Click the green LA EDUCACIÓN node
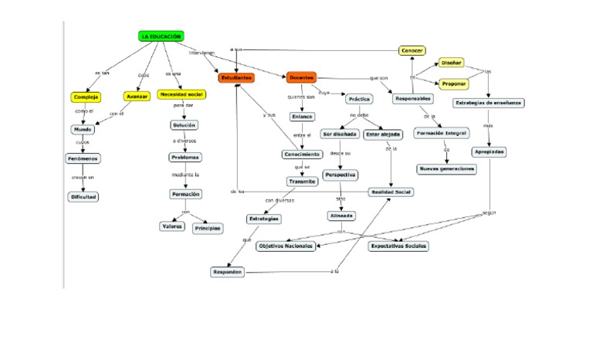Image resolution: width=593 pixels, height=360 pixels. pyautogui.click(x=161, y=36)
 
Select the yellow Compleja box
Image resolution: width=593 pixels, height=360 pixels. pyautogui.click(x=86, y=97)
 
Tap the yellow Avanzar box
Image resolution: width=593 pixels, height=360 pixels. pyautogui.click(x=136, y=97)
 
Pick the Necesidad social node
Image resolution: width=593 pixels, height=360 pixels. pyautogui.click(x=181, y=94)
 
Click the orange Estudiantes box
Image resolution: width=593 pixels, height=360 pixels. pyautogui.click(x=236, y=77)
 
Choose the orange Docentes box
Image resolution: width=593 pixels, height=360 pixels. pyautogui.click(x=301, y=77)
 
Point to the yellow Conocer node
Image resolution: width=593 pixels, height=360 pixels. pyautogui.click(x=412, y=51)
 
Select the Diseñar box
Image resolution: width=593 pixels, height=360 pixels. pyautogui.click(x=452, y=63)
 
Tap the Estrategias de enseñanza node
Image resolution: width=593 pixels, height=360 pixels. pyautogui.click(x=489, y=103)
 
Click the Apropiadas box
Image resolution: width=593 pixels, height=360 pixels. pyautogui.click(x=490, y=151)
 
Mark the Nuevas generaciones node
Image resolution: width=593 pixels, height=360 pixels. pyautogui.click(x=446, y=168)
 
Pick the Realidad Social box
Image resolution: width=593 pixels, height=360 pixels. pyautogui.click(x=391, y=192)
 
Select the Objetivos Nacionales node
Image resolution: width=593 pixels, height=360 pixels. pyautogui.click(x=286, y=246)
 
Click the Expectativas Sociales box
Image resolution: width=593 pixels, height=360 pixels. pyautogui.click(x=398, y=246)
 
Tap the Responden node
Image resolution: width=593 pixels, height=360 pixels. pyautogui.click(x=229, y=272)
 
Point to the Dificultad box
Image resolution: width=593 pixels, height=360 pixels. pyautogui.click(x=83, y=197)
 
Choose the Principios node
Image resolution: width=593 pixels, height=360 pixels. pyautogui.click(x=207, y=229)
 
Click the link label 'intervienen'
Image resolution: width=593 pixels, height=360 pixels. pyautogui.click(x=202, y=53)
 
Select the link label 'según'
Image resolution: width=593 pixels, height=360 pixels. pyautogui.click(x=488, y=212)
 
